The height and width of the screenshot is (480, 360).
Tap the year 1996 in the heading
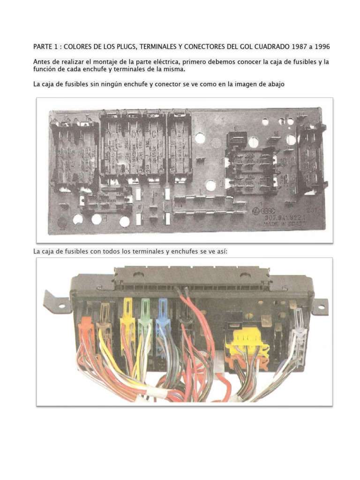[321, 47]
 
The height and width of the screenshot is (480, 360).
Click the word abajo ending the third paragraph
[274, 84]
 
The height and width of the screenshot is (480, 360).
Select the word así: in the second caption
[219, 252]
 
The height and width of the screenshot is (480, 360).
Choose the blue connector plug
[163, 323]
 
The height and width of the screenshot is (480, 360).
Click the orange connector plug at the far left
[87, 328]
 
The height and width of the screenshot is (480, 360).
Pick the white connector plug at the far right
[297, 328]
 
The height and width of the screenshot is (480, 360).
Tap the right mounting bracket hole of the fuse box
[321, 307]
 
